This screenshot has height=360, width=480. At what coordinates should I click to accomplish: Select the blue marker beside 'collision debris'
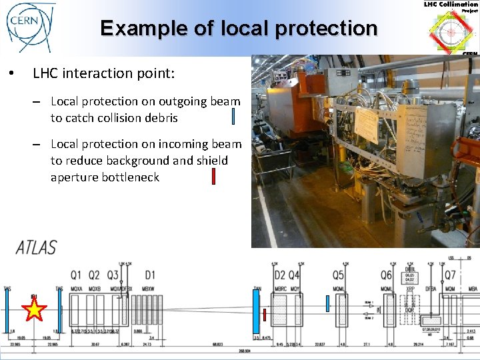(x=233, y=117)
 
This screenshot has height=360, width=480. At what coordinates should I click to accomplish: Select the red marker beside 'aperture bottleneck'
(x=213, y=177)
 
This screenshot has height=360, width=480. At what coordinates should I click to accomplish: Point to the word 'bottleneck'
(x=131, y=177)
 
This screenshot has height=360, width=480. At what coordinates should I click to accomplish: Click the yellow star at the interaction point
(x=34, y=309)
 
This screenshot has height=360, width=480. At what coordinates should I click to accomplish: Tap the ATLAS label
(x=37, y=247)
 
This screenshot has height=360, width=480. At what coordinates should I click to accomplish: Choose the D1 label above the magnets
(x=149, y=275)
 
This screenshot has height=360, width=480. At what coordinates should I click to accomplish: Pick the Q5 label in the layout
(x=339, y=275)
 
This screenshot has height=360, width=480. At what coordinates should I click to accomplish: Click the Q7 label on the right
(x=450, y=275)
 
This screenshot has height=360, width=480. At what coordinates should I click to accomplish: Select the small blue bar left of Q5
(x=327, y=303)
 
